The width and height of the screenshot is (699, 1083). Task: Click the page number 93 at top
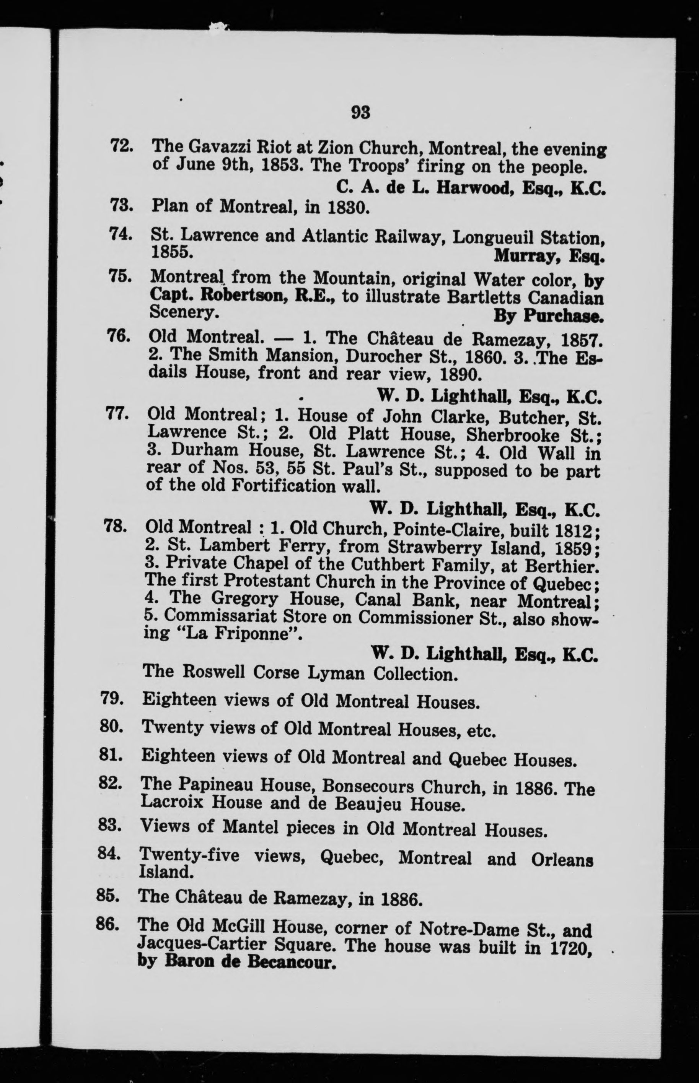pos(361,112)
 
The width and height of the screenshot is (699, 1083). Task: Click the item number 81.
pos(110,756)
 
